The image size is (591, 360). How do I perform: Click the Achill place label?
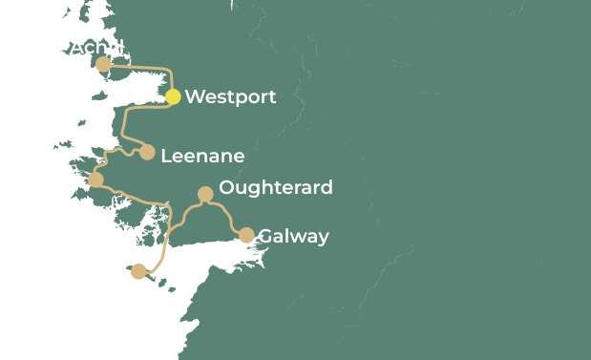click(x=97, y=47)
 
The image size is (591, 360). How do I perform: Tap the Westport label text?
click(x=230, y=96)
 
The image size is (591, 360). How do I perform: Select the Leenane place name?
click(x=202, y=156)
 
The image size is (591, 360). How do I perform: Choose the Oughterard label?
click(x=276, y=187)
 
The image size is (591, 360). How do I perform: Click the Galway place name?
click(x=293, y=236)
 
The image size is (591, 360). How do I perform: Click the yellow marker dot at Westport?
click(x=173, y=96)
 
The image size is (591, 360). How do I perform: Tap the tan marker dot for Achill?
click(x=103, y=64)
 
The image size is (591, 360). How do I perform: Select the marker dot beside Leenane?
click(x=147, y=152)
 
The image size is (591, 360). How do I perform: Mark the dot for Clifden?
click(x=95, y=180)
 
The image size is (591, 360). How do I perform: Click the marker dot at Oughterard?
click(x=204, y=194)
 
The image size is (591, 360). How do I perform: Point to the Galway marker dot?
click(x=246, y=235)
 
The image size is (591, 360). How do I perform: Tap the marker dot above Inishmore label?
click(x=138, y=271)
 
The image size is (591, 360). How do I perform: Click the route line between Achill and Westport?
click(x=143, y=67)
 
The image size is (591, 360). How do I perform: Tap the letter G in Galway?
click(x=265, y=236)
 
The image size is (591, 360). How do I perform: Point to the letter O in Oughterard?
click(x=227, y=187)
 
